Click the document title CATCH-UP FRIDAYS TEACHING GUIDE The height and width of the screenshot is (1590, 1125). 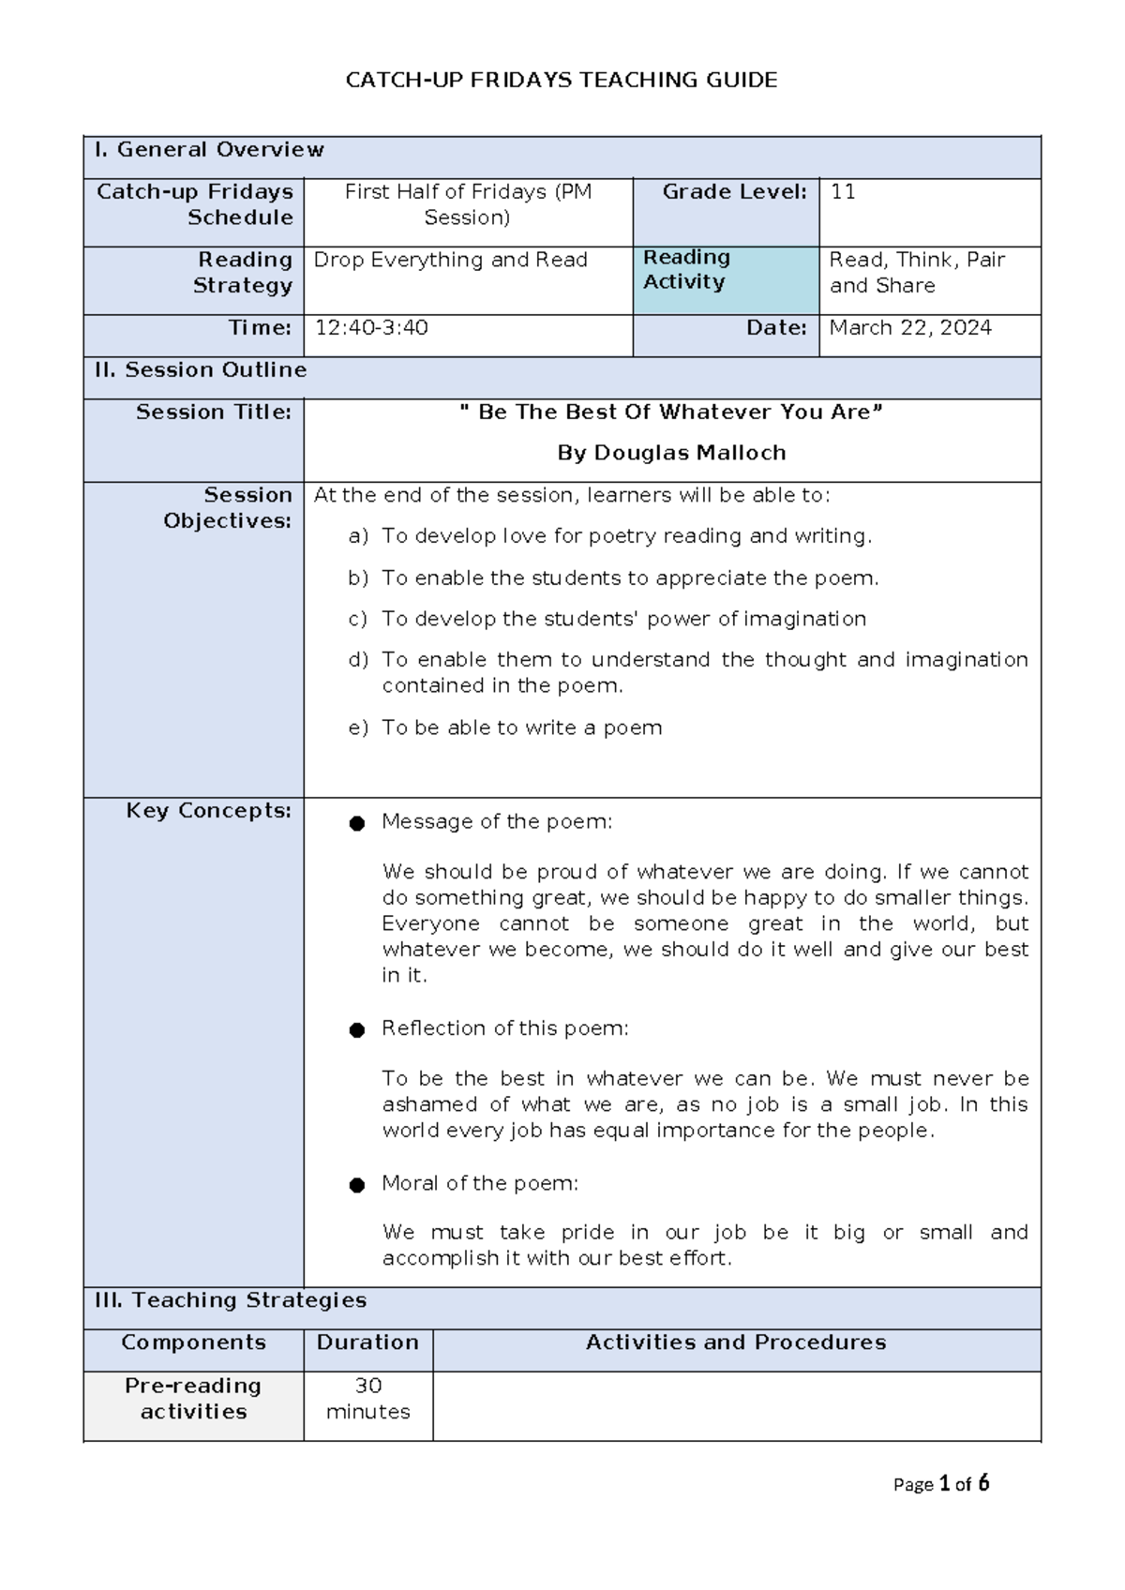[561, 80]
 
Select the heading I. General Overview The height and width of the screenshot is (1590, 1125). [208, 150]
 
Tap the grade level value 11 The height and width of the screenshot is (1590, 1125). [842, 192]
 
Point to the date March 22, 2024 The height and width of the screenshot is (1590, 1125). [909, 328]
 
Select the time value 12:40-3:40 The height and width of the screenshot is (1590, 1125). [371, 328]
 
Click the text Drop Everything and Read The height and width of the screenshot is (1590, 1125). [450, 260]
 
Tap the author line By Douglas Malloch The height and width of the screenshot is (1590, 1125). [671, 453]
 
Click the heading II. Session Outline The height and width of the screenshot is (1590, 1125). [200, 370]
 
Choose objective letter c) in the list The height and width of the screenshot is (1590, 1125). [357, 619]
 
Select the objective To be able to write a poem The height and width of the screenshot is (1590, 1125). [521, 727]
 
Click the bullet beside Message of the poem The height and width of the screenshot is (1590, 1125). [356, 823]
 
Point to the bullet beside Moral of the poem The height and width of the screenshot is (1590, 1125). [356, 1185]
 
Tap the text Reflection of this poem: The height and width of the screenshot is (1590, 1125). [504, 1028]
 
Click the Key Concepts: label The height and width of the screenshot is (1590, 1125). [208, 811]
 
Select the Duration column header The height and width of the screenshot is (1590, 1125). [367, 1342]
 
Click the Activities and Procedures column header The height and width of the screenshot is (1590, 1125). [736, 1342]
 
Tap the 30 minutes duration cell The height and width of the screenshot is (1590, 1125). [367, 1399]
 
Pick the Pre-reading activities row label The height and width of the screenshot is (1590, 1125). [193, 1399]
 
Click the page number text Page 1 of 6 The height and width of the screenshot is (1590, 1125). [940, 1484]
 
